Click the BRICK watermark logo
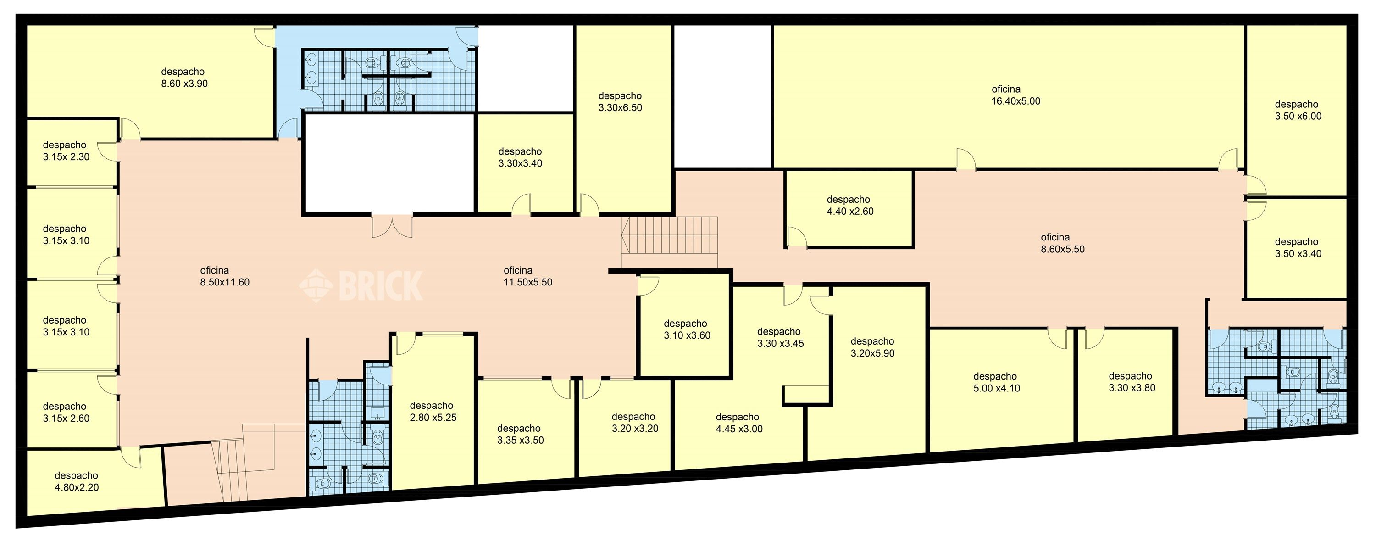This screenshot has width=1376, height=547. click(361, 286)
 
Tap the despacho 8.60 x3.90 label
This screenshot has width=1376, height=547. click(184, 78)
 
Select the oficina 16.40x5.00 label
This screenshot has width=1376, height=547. click(1015, 95)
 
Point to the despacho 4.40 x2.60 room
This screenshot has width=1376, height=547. click(849, 209)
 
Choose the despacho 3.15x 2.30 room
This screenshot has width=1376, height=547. click(72, 153)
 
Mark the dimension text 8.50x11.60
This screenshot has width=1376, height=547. click(225, 282)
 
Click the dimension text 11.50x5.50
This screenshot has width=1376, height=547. click(528, 282)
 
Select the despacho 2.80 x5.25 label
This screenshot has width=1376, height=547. click(433, 411)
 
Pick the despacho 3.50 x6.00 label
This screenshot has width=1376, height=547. click(1298, 110)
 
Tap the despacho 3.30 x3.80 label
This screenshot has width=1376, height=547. click(1132, 382)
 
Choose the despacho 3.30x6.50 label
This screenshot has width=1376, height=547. click(620, 101)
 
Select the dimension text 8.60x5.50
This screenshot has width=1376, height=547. click(1062, 249)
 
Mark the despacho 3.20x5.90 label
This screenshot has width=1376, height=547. click(872, 347)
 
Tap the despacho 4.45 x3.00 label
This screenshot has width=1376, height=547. click(739, 423)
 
